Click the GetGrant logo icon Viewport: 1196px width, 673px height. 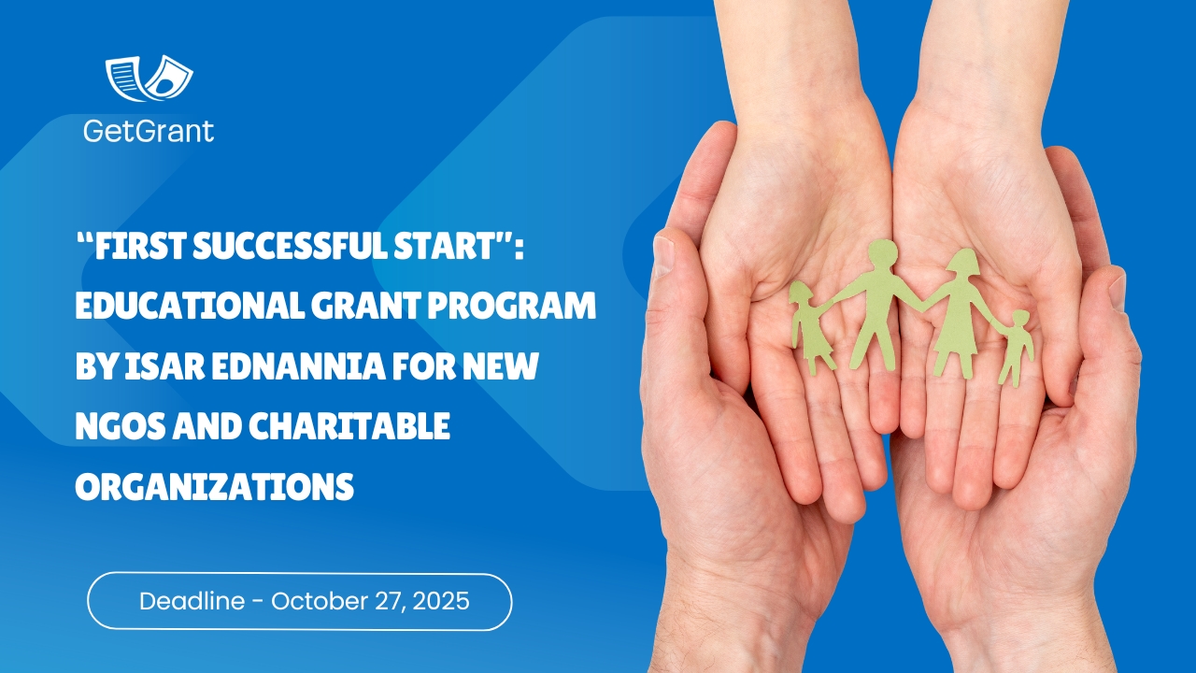click(149, 79)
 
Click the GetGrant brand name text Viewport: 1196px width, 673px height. click(149, 131)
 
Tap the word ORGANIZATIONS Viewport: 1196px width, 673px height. click(214, 486)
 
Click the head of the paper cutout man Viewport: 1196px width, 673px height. click(881, 253)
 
